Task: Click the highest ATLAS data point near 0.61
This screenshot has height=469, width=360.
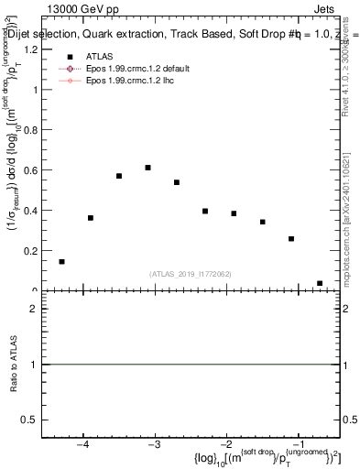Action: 147,168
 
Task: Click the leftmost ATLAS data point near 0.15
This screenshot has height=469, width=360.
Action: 61,262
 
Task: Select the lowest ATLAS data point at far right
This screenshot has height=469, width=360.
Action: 320,283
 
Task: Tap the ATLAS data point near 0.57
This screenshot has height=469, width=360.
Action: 119,176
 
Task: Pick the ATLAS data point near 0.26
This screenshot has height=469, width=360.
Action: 291,239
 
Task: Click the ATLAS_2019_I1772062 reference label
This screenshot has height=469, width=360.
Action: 191,273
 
